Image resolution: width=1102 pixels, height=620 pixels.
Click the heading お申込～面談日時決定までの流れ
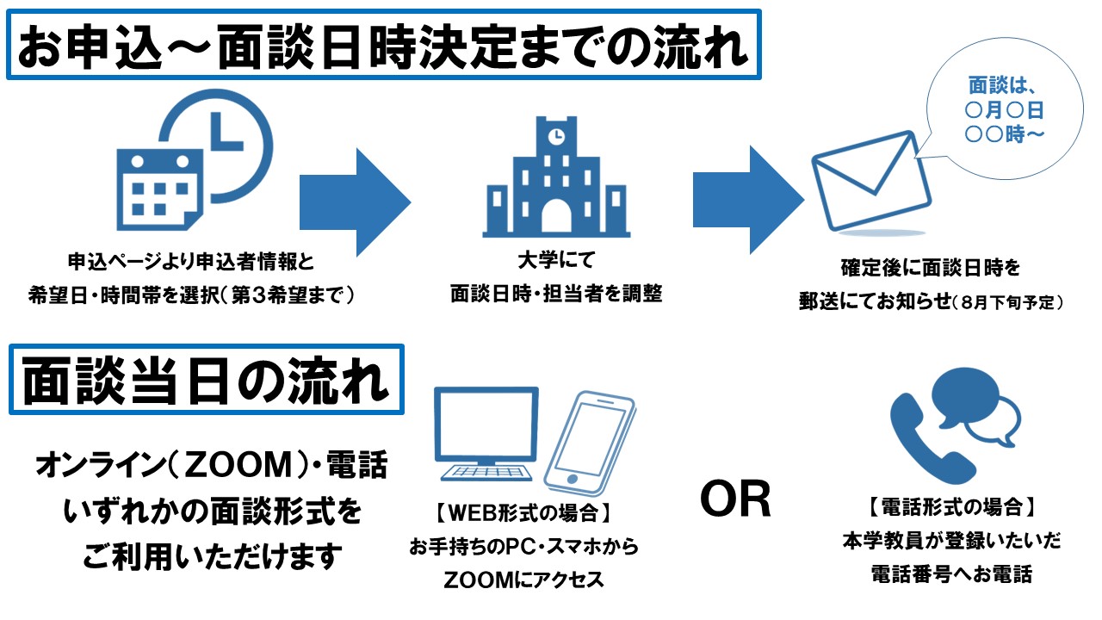coord(383,44)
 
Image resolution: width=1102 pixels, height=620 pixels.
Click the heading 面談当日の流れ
coord(206,381)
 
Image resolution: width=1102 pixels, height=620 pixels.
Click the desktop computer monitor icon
coord(486,435)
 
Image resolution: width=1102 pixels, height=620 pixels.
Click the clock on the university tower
coord(556,135)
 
